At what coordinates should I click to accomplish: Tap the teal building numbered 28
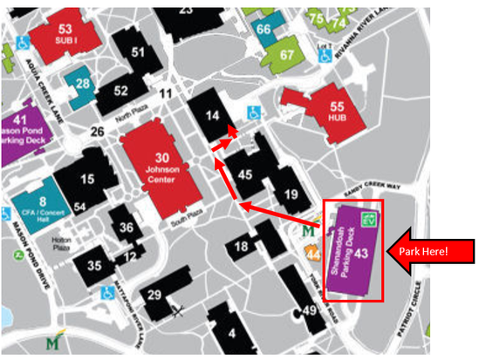pyautogui.click(x=83, y=85)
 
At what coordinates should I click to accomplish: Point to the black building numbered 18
pyautogui.click(x=242, y=248)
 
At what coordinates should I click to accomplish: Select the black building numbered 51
pyautogui.click(x=137, y=52)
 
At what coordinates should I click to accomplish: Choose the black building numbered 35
pyautogui.click(x=94, y=263)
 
